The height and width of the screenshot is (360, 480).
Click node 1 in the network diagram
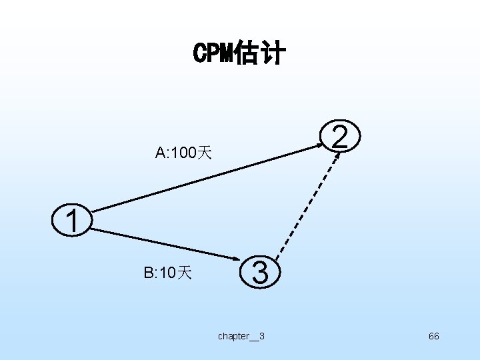tap(73, 221)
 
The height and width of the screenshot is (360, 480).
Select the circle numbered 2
tap(339, 137)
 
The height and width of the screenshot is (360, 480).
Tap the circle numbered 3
tap(261, 273)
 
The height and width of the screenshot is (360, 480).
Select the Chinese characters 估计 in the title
tap(259, 53)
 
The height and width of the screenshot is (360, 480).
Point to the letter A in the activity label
tap(161, 154)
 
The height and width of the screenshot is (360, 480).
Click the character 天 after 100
tap(204, 154)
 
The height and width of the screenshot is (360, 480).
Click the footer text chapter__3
tap(241, 336)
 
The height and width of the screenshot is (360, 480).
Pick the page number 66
tap(433, 336)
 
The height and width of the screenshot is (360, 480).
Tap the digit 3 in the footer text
tap(261, 336)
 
